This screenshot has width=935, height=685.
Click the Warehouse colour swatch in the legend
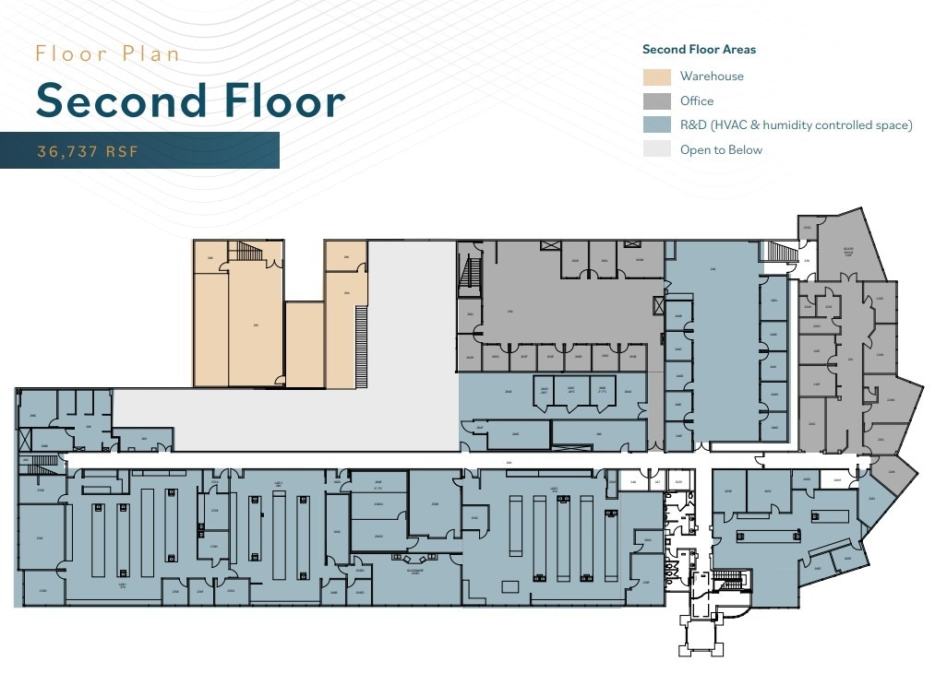pos(657,77)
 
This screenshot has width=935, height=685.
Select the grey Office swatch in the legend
pos(657,101)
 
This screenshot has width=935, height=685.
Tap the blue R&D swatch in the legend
pos(657,125)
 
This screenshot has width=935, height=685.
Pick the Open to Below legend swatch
pos(657,149)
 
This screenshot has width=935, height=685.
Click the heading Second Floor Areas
pos(699,50)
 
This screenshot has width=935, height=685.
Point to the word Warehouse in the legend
pos(712,77)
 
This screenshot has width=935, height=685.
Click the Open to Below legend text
pos(721,149)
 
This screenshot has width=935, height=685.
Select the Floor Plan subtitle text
pos(108,53)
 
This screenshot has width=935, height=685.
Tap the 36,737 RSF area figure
pos(88,151)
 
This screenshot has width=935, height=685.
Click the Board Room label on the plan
pos(847,251)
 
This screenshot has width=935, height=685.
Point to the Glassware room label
pos(414,571)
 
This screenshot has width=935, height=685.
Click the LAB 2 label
pos(278,483)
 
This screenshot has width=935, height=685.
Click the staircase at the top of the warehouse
pos(246,251)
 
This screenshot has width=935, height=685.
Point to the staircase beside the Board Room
pos(781,251)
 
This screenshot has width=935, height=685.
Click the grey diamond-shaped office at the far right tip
pos(893,472)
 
